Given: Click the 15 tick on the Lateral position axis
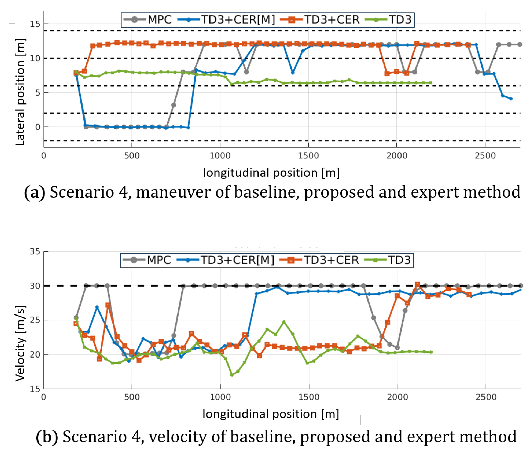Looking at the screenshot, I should tap(35, 24).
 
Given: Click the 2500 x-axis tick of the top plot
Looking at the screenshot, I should tap(485, 156).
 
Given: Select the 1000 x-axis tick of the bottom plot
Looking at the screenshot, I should tap(220, 397).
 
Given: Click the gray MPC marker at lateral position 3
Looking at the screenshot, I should tap(173, 105).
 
